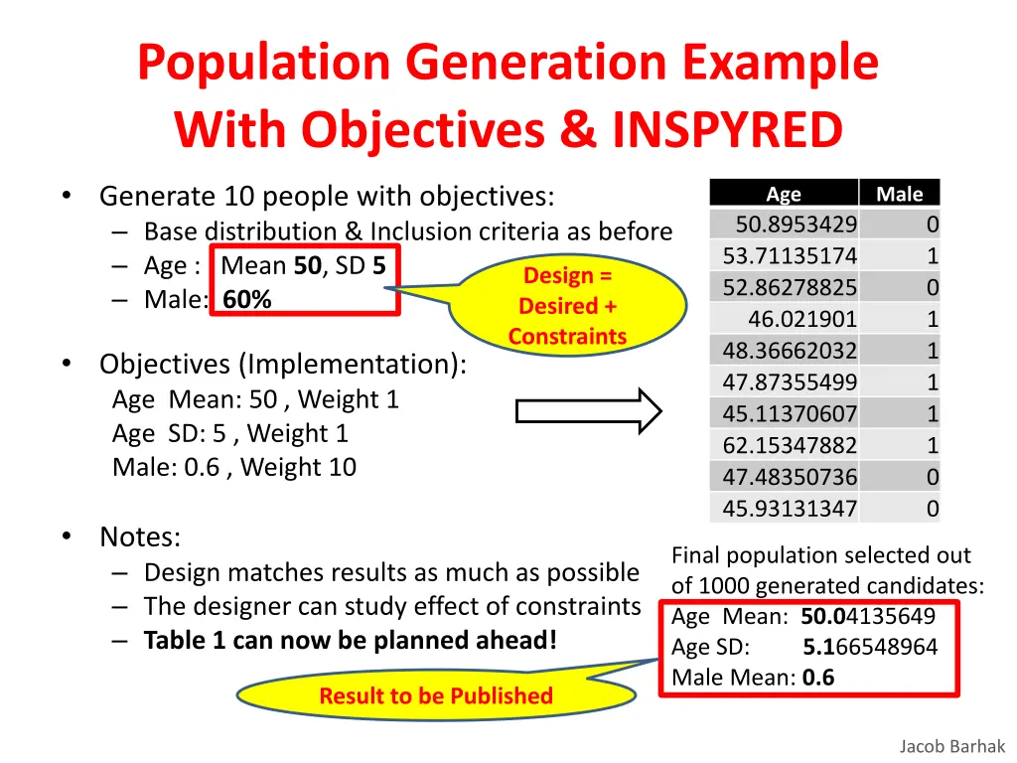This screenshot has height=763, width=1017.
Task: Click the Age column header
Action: [784, 195]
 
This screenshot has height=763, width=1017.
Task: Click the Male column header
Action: [899, 195]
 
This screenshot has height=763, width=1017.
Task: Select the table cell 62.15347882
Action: [790, 445]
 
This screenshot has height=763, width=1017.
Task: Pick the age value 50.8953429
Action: [797, 225]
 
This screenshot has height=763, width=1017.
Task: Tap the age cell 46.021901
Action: [802, 319]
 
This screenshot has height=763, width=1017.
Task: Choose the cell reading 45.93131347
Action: [790, 509]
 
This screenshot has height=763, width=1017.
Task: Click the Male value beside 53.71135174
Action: [932, 256]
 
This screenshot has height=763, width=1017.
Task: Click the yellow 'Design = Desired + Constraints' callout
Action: [567, 305]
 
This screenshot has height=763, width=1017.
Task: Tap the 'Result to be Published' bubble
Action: [435, 695]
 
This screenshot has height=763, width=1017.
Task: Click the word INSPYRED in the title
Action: [727, 129]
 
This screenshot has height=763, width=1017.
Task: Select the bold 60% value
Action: [247, 299]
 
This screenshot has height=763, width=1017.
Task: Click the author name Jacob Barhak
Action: [952, 746]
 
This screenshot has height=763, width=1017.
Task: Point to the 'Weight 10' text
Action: [298, 467]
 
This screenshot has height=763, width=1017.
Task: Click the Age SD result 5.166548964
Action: [869, 647]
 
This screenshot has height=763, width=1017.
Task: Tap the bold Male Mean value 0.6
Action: [818, 678]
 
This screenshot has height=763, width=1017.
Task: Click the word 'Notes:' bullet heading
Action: [140, 537]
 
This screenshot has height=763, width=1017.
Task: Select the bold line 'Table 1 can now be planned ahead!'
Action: [351, 640]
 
